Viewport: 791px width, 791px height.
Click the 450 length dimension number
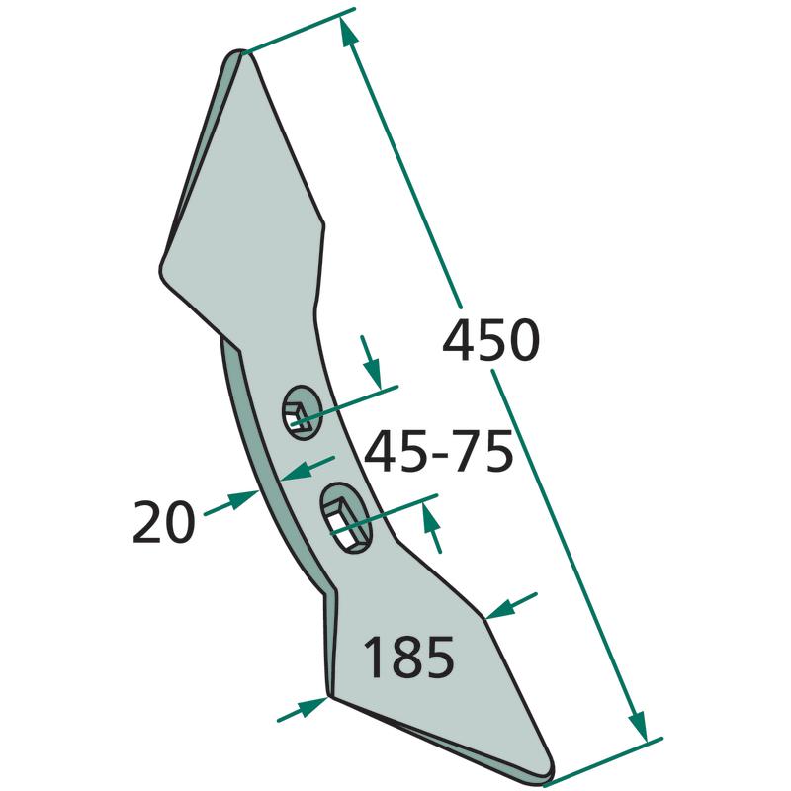(x=490, y=339)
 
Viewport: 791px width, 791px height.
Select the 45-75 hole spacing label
(x=438, y=452)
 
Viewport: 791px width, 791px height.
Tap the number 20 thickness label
(x=163, y=522)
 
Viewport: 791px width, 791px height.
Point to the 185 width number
(x=408, y=657)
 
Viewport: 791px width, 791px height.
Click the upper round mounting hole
(x=303, y=411)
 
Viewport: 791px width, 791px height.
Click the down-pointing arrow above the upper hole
(x=370, y=362)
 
